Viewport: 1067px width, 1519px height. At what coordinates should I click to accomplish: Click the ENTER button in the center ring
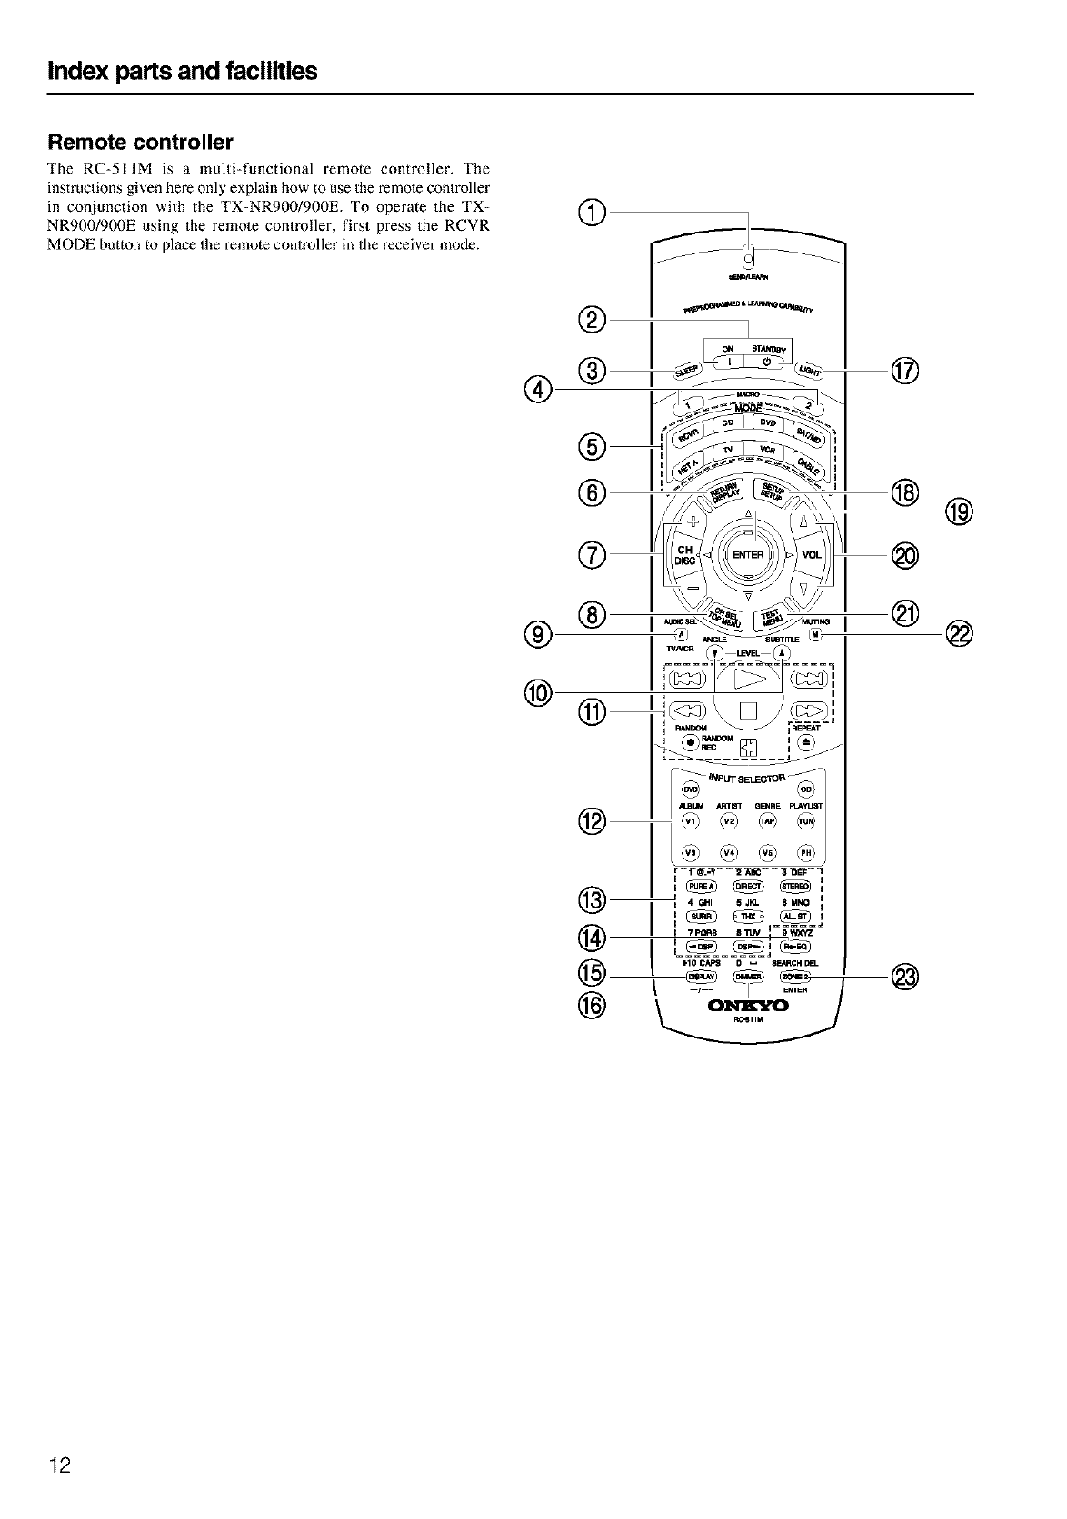(x=748, y=555)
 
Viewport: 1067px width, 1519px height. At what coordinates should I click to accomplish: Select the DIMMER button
(x=748, y=977)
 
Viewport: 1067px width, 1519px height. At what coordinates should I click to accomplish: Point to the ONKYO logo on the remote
(x=748, y=1006)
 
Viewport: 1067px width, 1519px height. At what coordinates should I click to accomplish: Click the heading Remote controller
(x=141, y=143)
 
